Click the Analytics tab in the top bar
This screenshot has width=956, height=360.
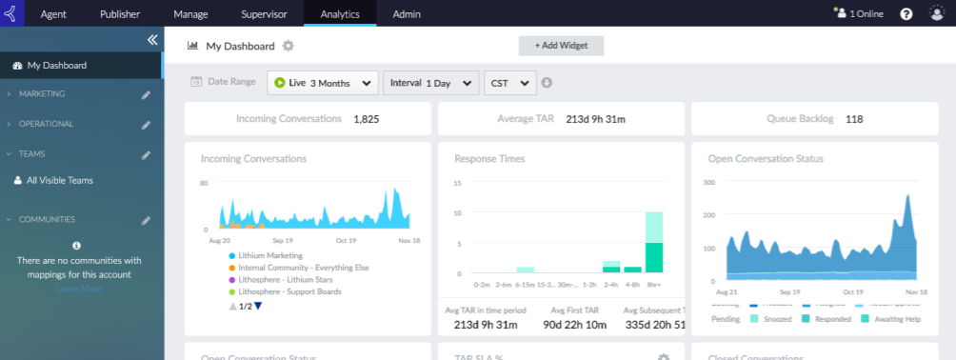click(x=340, y=14)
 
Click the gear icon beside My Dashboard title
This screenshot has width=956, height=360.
click(x=289, y=46)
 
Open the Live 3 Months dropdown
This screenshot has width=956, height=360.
click(x=323, y=83)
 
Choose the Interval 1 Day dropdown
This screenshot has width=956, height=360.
click(x=430, y=83)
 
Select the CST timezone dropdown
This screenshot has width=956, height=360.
click(x=510, y=83)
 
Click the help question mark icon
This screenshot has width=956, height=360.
click(x=906, y=14)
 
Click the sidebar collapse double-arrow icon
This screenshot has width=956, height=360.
click(x=151, y=40)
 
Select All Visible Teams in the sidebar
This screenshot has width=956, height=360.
click(x=59, y=180)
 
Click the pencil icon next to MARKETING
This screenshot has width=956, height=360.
click(x=146, y=95)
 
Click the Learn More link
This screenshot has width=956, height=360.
click(x=78, y=289)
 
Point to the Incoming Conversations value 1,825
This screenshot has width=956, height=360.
click(x=367, y=119)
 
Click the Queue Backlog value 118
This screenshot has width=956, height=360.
click(x=854, y=119)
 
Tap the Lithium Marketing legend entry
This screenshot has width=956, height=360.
click(x=271, y=255)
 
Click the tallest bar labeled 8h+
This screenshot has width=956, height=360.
click(x=653, y=242)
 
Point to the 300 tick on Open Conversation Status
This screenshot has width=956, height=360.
click(x=708, y=182)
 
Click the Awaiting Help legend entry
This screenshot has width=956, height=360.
click(x=895, y=319)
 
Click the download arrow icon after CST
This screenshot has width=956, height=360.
click(x=548, y=83)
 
